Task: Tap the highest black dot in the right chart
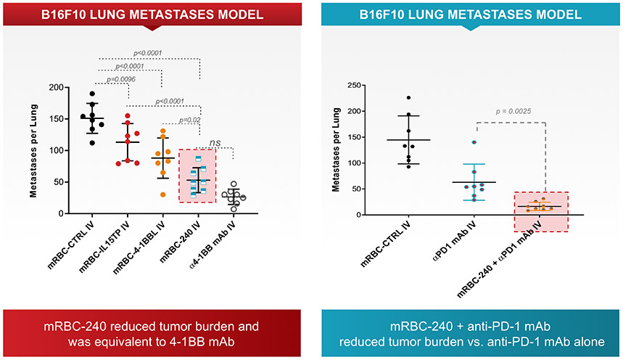click(x=408, y=98)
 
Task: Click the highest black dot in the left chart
click(x=111, y=94)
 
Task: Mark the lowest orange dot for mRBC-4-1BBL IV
click(x=162, y=195)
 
